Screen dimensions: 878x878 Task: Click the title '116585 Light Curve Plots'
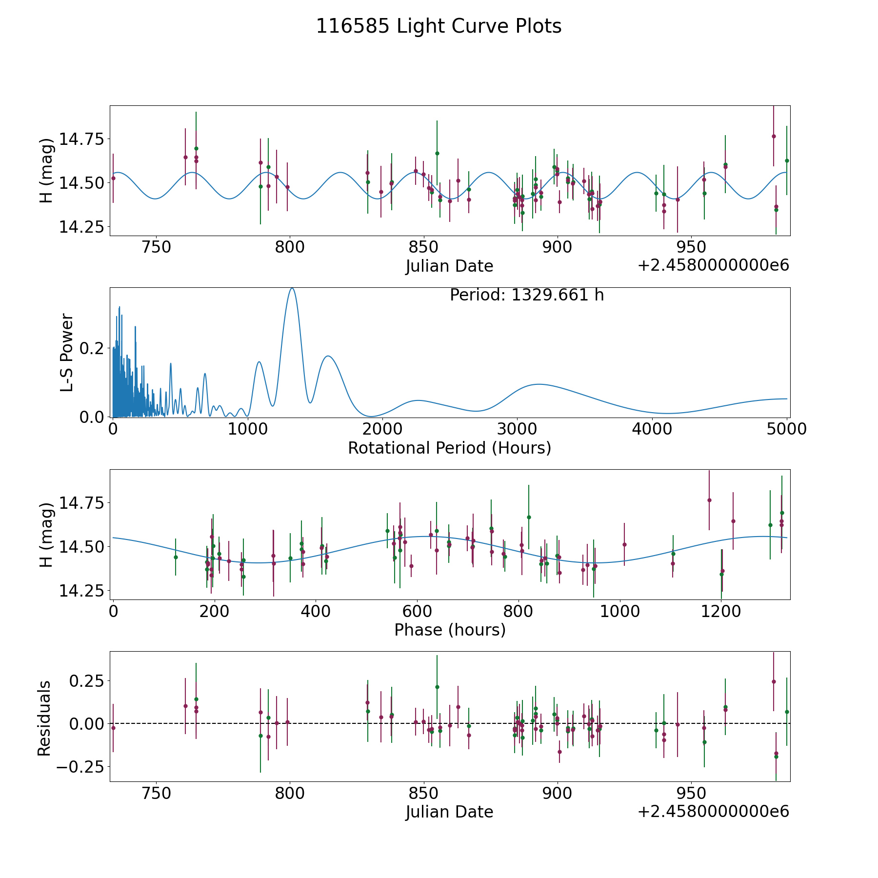[439, 26]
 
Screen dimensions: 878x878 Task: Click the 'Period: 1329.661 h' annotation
[527, 295]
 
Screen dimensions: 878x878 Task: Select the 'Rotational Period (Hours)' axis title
[449, 448]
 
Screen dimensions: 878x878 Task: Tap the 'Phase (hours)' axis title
[449, 630]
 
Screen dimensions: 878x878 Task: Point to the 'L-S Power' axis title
[67, 352]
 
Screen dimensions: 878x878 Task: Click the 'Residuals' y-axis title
[44, 718]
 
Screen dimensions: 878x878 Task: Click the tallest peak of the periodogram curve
[292, 288]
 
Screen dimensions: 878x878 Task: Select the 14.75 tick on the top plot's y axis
[81, 140]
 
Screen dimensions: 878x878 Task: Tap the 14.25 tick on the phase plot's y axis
[81, 591]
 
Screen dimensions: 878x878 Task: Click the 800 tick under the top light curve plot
[290, 247]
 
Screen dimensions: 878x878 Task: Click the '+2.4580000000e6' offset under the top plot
[713, 265]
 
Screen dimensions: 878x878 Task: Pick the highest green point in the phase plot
[529, 517]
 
